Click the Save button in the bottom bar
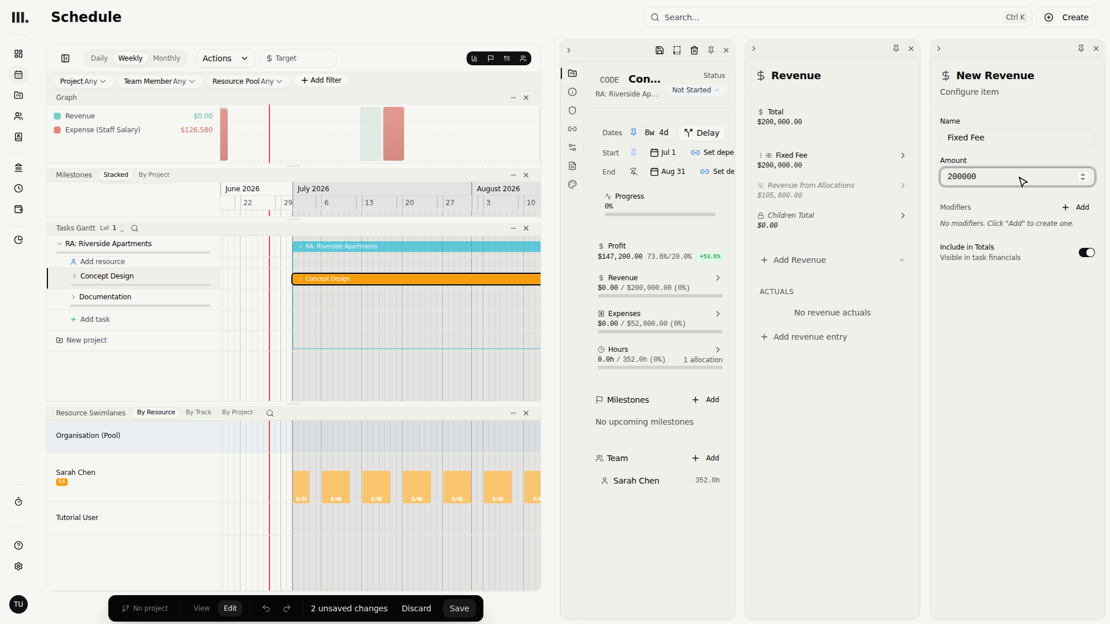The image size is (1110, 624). click(460, 608)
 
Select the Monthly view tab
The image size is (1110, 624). click(166, 58)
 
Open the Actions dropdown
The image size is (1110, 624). click(225, 58)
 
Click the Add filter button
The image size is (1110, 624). click(321, 80)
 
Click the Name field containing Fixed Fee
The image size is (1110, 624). click(1017, 138)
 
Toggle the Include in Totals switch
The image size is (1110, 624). click(1086, 252)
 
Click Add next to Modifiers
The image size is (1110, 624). click(1076, 207)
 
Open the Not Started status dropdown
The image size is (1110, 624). click(695, 90)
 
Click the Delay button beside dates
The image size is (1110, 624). click(702, 133)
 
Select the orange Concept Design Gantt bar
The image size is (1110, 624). click(416, 279)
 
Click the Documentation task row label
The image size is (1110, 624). click(105, 297)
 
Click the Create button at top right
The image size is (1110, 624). click(1067, 17)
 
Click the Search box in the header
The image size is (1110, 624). click(837, 17)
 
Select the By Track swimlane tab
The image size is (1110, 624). click(198, 413)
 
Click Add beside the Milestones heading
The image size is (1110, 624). click(706, 400)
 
